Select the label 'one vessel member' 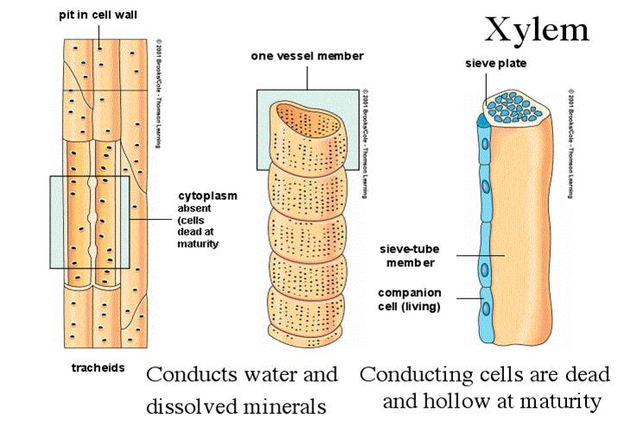(307, 56)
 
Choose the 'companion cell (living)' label (409, 299)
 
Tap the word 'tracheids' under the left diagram (98, 368)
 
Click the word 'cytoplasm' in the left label (207, 196)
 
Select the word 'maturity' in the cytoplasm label (199, 244)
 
